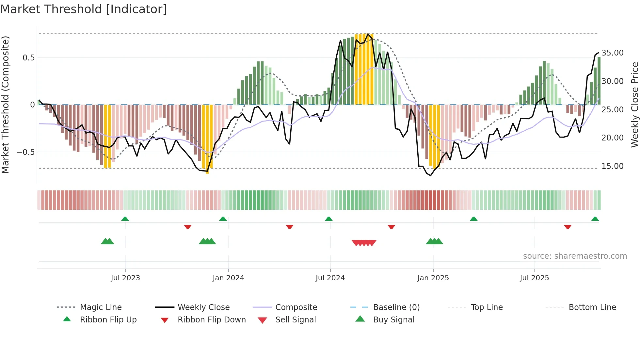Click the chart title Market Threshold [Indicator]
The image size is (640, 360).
tap(84, 9)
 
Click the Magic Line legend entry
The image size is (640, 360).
tap(101, 307)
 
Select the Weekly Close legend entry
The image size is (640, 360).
tap(203, 307)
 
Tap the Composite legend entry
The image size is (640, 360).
tap(296, 307)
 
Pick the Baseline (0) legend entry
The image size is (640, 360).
tap(396, 307)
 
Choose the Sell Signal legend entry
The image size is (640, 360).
tap(296, 319)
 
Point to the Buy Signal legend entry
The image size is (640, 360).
tap(393, 319)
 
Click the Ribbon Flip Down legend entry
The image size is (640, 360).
tap(211, 319)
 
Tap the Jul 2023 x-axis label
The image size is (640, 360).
tap(125, 278)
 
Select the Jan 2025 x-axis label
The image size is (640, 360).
tap(433, 278)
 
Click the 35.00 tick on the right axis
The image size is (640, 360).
tap(613, 53)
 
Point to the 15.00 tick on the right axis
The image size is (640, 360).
tap(613, 166)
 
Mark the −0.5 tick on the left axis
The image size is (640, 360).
tap(26, 152)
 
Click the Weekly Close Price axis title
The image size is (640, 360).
tap(634, 105)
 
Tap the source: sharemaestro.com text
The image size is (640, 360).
tap(575, 256)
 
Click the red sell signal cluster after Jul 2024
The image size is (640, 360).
tap(364, 243)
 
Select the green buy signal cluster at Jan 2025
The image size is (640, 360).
tap(434, 241)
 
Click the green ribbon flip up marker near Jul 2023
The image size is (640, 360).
tap(125, 219)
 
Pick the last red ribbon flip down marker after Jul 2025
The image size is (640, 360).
tap(568, 227)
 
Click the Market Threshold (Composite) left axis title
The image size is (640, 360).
tap(5, 105)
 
